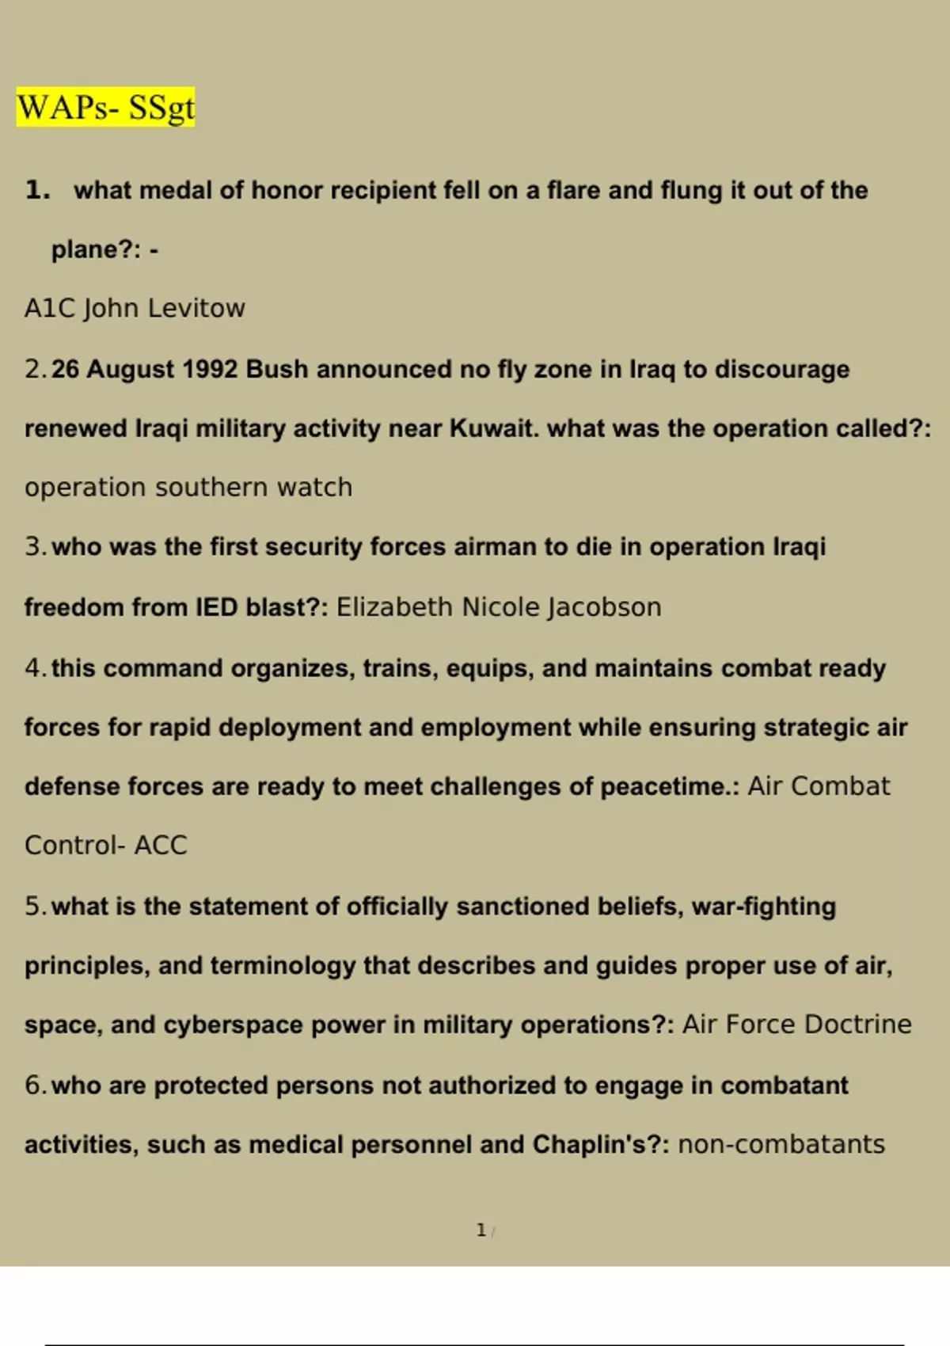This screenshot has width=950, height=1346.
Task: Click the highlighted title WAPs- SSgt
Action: coord(105,108)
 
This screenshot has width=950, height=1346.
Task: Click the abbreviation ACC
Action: coord(161,846)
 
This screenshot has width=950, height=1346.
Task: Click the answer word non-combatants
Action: coord(781,1145)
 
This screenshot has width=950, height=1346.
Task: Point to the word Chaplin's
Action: coord(601,1145)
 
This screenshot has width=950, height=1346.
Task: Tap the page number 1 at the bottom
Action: coord(481,1230)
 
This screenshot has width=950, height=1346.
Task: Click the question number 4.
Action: coord(33,668)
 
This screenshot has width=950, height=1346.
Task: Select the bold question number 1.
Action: coord(36,190)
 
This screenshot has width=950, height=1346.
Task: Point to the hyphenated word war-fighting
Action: coord(763,907)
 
